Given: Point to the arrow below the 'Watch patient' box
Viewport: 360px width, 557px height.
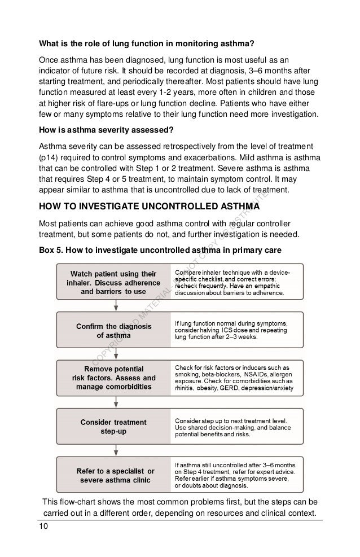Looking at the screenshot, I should pyautogui.click(x=116, y=305).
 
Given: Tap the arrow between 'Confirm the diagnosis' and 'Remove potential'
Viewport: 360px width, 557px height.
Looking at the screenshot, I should pyautogui.click(x=116, y=353).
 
